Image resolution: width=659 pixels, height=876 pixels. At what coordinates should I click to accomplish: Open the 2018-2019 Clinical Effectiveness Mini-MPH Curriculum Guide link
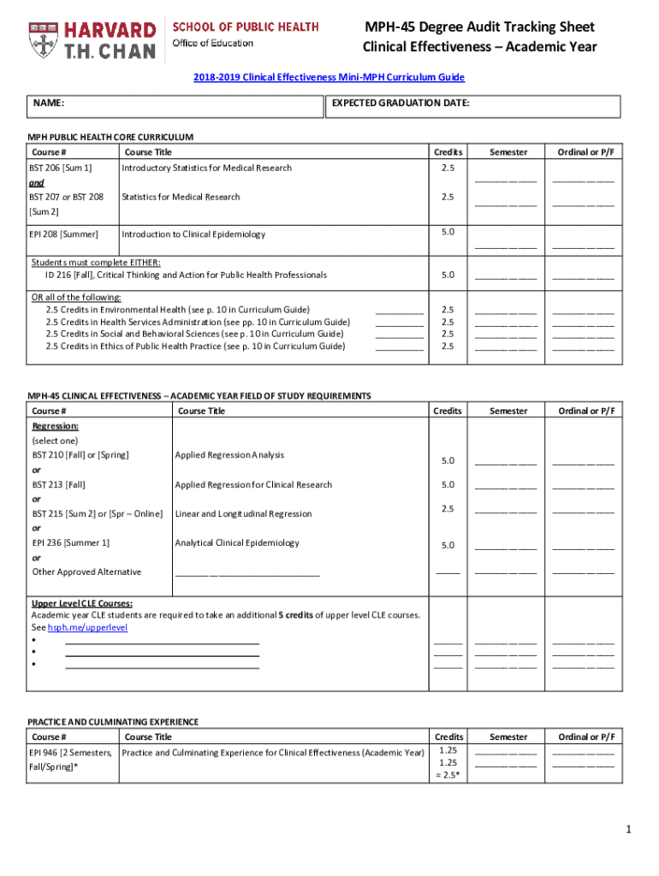(x=329, y=77)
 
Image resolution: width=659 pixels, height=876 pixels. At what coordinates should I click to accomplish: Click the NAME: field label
(x=50, y=104)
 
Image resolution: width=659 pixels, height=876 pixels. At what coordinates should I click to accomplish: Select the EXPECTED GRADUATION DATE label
(x=401, y=104)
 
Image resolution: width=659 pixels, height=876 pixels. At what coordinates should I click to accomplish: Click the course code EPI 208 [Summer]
(x=65, y=234)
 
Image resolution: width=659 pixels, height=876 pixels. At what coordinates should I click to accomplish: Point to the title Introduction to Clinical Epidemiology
(x=193, y=234)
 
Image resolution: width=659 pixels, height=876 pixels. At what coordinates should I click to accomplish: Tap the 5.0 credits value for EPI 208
(x=448, y=232)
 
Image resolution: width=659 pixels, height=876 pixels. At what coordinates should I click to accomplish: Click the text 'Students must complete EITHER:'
(x=96, y=263)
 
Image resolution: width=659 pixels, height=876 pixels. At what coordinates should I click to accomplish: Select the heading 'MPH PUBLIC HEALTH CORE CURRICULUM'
(x=110, y=137)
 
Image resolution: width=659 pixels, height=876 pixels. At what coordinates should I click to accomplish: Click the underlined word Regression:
(x=56, y=426)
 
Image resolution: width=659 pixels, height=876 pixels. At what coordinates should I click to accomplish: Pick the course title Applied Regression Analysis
(x=229, y=455)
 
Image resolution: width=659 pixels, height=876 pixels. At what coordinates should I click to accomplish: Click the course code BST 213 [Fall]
(x=58, y=484)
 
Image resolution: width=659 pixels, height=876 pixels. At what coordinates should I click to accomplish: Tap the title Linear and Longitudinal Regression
(x=243, y=513)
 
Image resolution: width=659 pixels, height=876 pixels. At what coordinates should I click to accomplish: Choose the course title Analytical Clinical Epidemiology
(x=237, y=542)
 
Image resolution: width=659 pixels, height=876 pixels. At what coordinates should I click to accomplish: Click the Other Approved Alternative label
(x=86, y=571)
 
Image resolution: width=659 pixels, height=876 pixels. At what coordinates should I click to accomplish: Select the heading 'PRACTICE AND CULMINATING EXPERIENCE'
(x=113, y=721)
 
